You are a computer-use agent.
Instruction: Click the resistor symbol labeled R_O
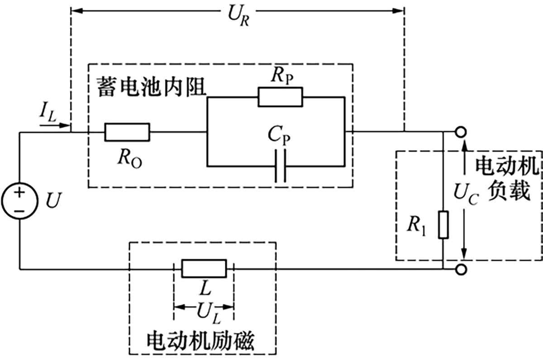(x=127, y=132)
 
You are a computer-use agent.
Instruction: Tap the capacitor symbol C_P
(x=281, y=166)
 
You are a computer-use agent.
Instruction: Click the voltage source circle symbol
(x=19, y=198)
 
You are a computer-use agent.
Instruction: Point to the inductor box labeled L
(x=204, y=268)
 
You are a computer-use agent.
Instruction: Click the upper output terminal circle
(x=461, y=132)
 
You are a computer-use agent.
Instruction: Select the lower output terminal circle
(x=461, y=270)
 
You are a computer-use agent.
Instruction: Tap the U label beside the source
(x=53, y=200)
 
